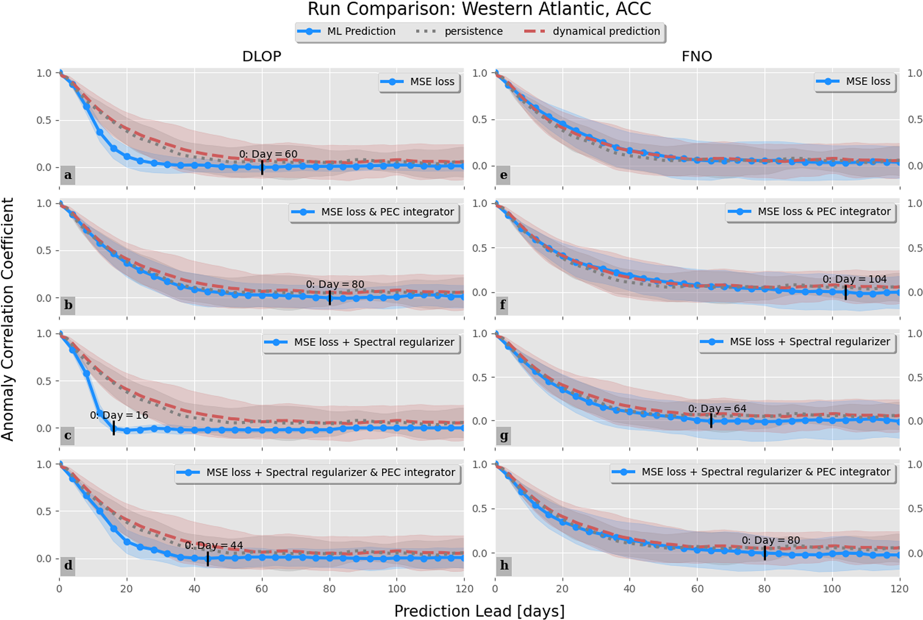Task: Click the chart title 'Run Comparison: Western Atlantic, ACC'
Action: tap(479, 9)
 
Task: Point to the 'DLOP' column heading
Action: tap(262, 56)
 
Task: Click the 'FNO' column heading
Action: tap(697, 56)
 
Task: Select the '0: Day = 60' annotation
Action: tap(268, 154)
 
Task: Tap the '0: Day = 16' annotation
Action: tap(119, 415)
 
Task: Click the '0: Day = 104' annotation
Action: tap(855, 279)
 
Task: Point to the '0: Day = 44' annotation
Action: tap(214, 545)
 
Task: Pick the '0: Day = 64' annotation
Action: tap(717, 409)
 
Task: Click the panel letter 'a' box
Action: tap(68, 175)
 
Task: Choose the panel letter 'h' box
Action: tap(504, 565)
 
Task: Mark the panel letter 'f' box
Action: tap(503, 305)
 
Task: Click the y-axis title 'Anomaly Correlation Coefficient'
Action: tap(8, 320)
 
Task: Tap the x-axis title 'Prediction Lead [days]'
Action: tap(479, 611)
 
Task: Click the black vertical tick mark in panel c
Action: tap(114, 428)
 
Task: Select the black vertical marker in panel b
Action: tap(330, 298)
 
